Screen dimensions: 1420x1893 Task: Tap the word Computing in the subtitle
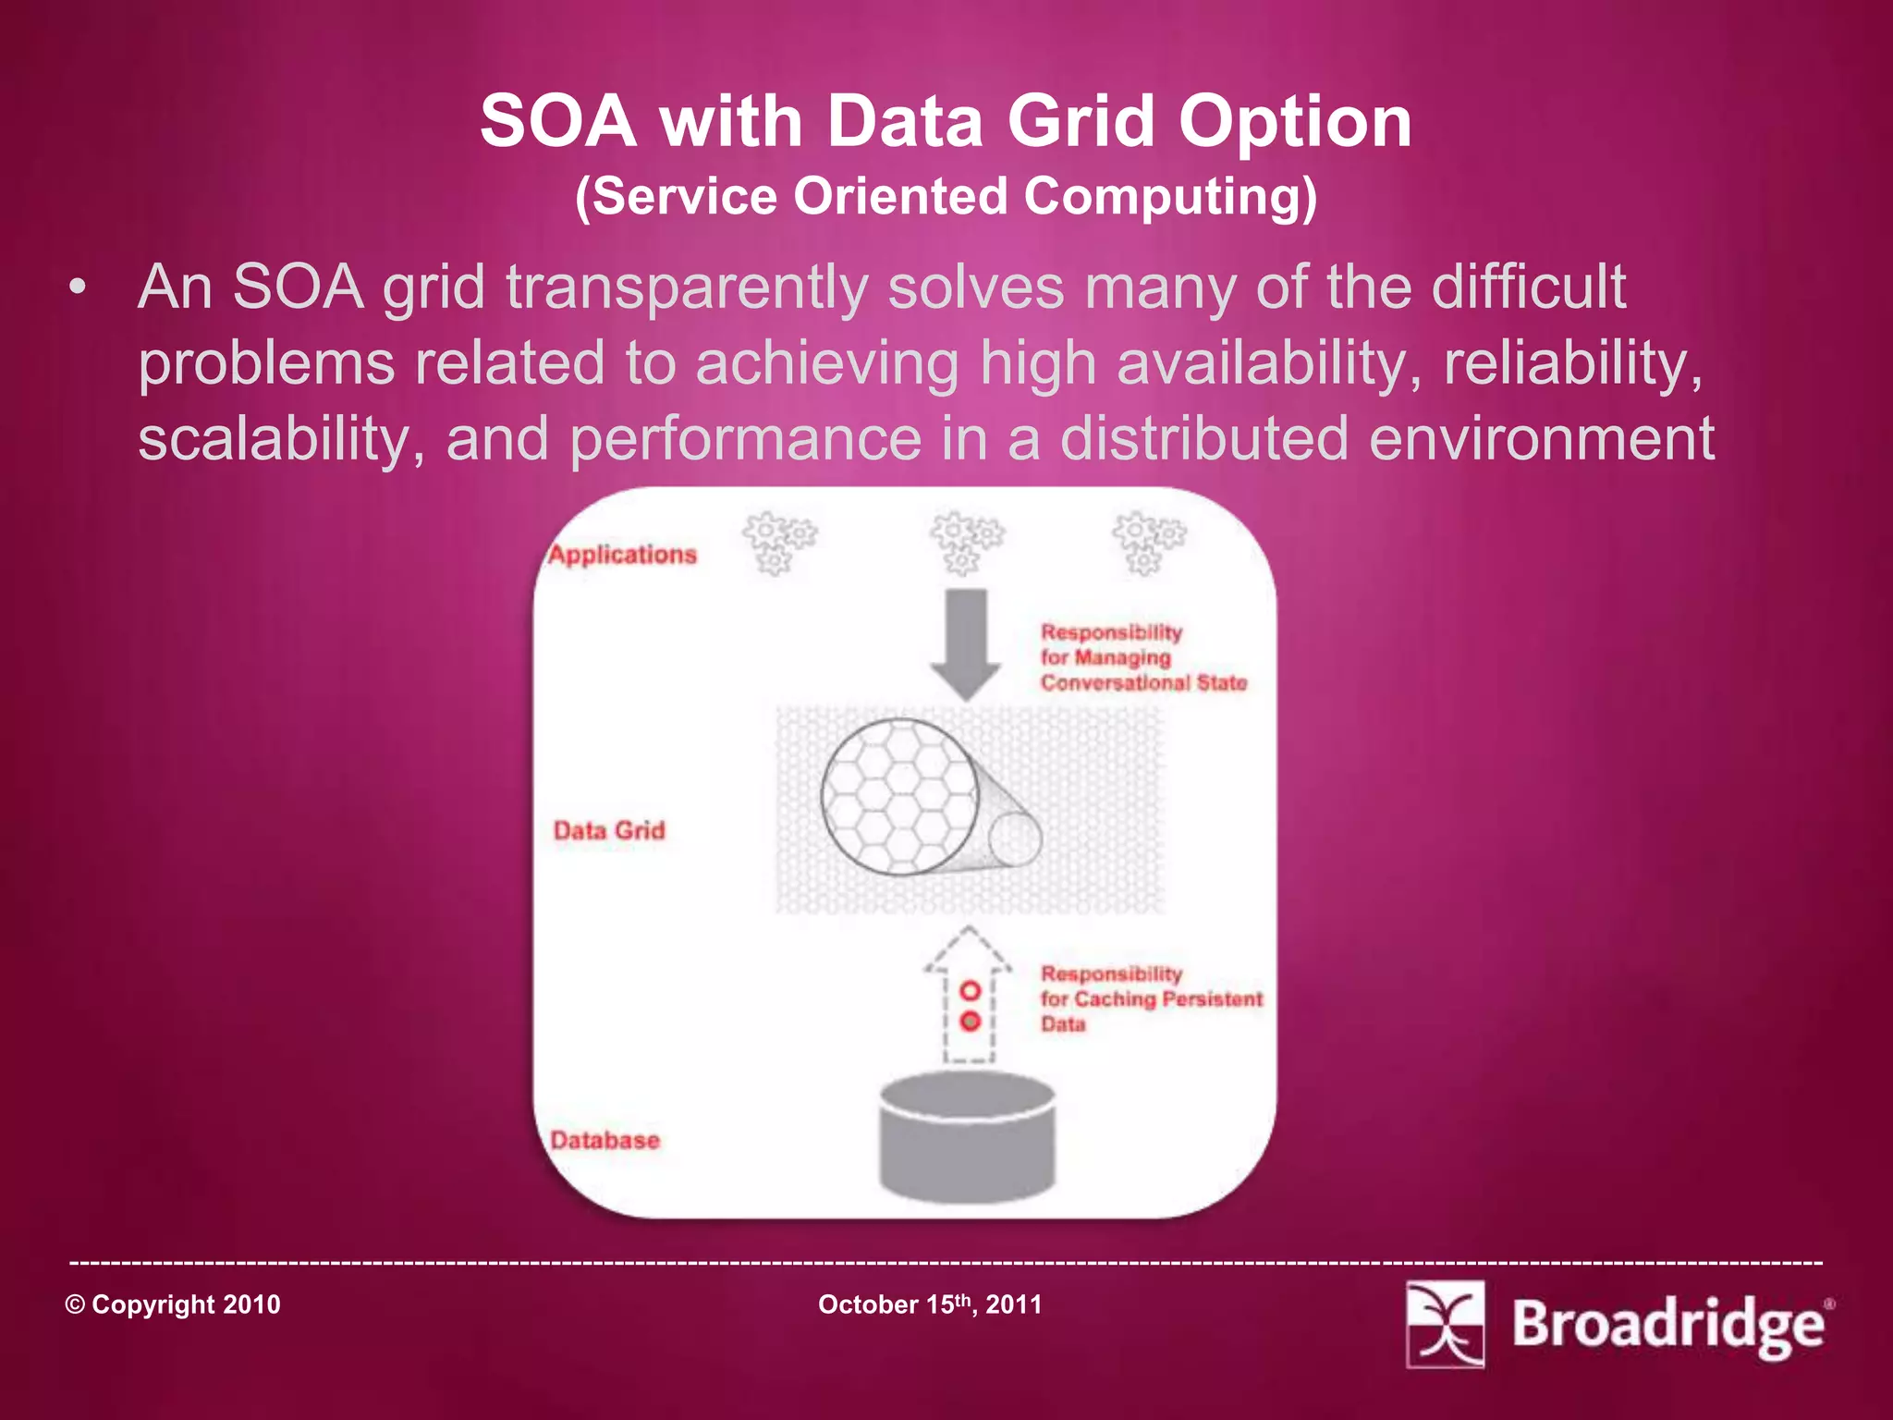coord(1168,196)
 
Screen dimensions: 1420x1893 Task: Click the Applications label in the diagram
coord(622,555)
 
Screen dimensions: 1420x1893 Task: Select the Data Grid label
coord(609,830)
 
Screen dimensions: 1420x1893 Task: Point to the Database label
coord(605,1140)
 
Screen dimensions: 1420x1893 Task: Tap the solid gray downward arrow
coord(967,643)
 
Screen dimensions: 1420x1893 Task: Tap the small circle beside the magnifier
coord(1015,839)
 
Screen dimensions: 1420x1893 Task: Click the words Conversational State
coord(1143,683)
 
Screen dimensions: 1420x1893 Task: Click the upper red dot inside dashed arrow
coord(970,991)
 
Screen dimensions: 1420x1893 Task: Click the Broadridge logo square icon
coord(1445,1324)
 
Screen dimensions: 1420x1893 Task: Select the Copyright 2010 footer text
coord(173,1304)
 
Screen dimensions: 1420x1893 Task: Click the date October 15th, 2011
coord(930,1304)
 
